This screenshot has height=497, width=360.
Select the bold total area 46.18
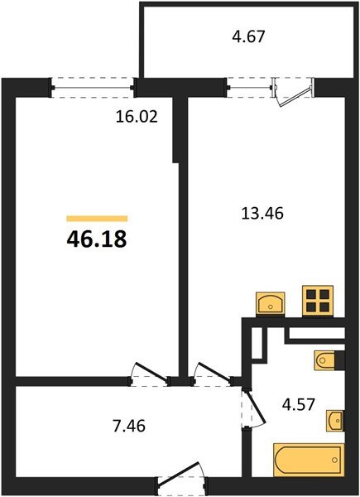point(97,239)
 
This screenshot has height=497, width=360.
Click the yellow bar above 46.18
point(97,219)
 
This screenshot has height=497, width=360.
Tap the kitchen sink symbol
point(271,303)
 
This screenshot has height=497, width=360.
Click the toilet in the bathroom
point(325,360)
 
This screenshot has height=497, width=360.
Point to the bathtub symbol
point(307,459)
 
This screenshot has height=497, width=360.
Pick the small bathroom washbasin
point(334,421)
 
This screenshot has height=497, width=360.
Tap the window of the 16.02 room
point(94,83)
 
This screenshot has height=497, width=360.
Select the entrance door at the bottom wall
point(180,480)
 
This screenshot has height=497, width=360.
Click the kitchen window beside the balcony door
point(249,83)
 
